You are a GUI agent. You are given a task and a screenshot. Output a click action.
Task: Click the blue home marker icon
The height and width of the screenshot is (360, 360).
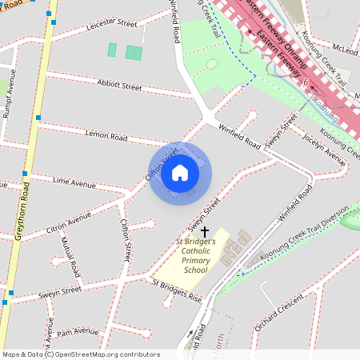coord(180,172)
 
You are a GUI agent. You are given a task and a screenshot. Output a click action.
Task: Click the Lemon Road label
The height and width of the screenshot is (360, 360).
coord(106,137)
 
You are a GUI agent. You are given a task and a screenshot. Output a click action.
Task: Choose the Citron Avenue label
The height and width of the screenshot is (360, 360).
coord(70,222)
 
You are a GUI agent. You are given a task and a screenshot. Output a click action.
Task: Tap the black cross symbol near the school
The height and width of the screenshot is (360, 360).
coord(205,230)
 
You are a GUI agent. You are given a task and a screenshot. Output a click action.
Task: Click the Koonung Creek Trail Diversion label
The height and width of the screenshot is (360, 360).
coord(304,234)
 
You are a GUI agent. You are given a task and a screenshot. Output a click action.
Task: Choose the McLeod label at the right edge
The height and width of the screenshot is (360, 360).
coord(346,49)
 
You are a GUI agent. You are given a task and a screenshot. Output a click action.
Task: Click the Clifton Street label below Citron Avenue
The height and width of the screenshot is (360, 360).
coord(126,243)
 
